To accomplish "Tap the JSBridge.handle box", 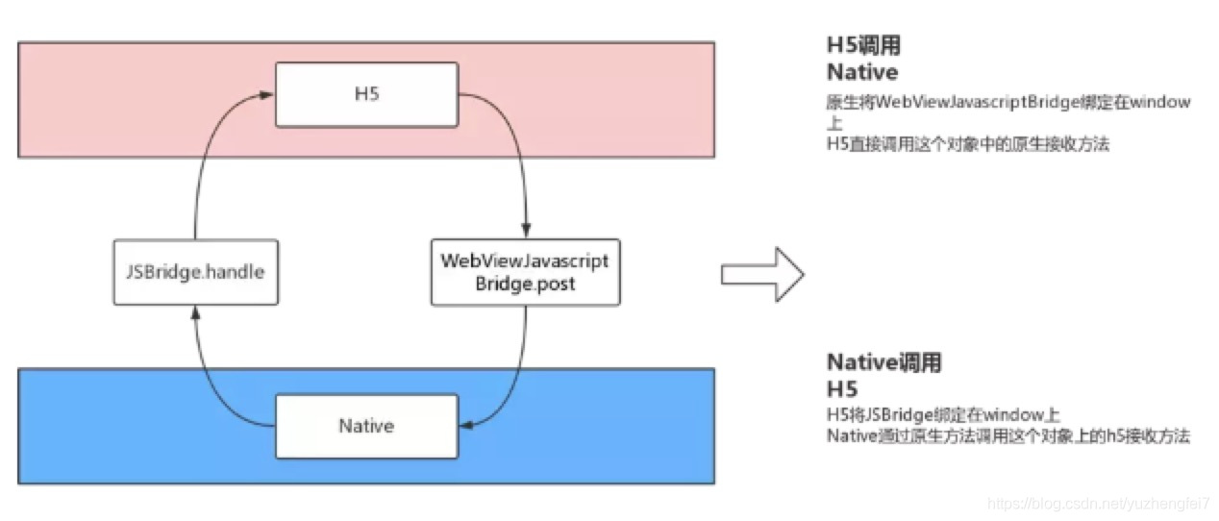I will [195, 272].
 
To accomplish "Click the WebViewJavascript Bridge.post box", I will [525, 272].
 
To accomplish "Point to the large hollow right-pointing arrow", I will [761, 275].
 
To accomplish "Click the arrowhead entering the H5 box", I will [267, 94].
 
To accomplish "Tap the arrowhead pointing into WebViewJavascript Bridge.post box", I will [525, 234].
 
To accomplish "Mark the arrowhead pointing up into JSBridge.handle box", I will [195, 311].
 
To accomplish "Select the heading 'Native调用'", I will [883, 363].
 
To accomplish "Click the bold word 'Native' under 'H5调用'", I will [862, 72].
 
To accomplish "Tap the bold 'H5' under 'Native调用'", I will [842, 389].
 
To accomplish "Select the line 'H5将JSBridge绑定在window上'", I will [942, 416].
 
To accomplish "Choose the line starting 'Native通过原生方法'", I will [1008, 436].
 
